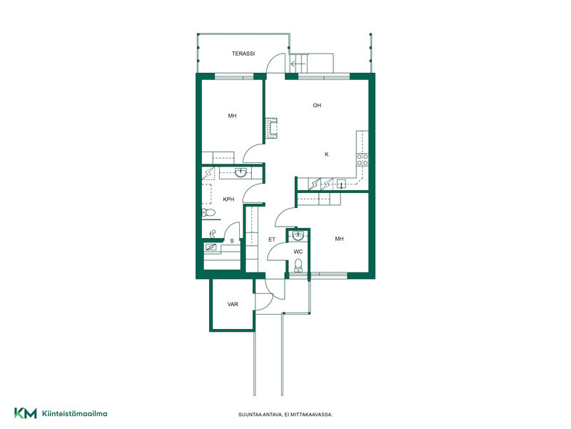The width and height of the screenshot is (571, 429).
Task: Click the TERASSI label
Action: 243,54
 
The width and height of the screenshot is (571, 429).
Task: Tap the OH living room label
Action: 317,105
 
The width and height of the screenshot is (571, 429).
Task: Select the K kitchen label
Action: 327,154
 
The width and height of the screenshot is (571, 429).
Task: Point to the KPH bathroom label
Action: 228,199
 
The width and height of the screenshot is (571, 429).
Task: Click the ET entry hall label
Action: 272,240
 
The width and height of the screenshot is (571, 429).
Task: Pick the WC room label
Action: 298,252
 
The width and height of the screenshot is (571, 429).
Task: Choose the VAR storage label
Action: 233,305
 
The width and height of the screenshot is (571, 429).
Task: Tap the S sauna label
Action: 232,241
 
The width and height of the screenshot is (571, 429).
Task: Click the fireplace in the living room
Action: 271,128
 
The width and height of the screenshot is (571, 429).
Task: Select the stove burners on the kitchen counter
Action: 363,159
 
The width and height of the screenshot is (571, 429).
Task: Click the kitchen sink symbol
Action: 341,184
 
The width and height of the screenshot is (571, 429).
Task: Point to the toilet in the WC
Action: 298,265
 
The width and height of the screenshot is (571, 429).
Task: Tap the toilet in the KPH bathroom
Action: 209,212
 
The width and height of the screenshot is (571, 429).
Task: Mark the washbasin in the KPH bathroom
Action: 241,172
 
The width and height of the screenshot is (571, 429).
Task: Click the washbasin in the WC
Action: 298,236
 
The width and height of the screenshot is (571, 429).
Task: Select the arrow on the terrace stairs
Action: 298,64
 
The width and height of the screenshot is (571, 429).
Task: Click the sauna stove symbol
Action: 211,247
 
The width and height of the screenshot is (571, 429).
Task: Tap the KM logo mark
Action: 26,413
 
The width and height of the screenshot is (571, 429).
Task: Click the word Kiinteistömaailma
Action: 75,413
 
